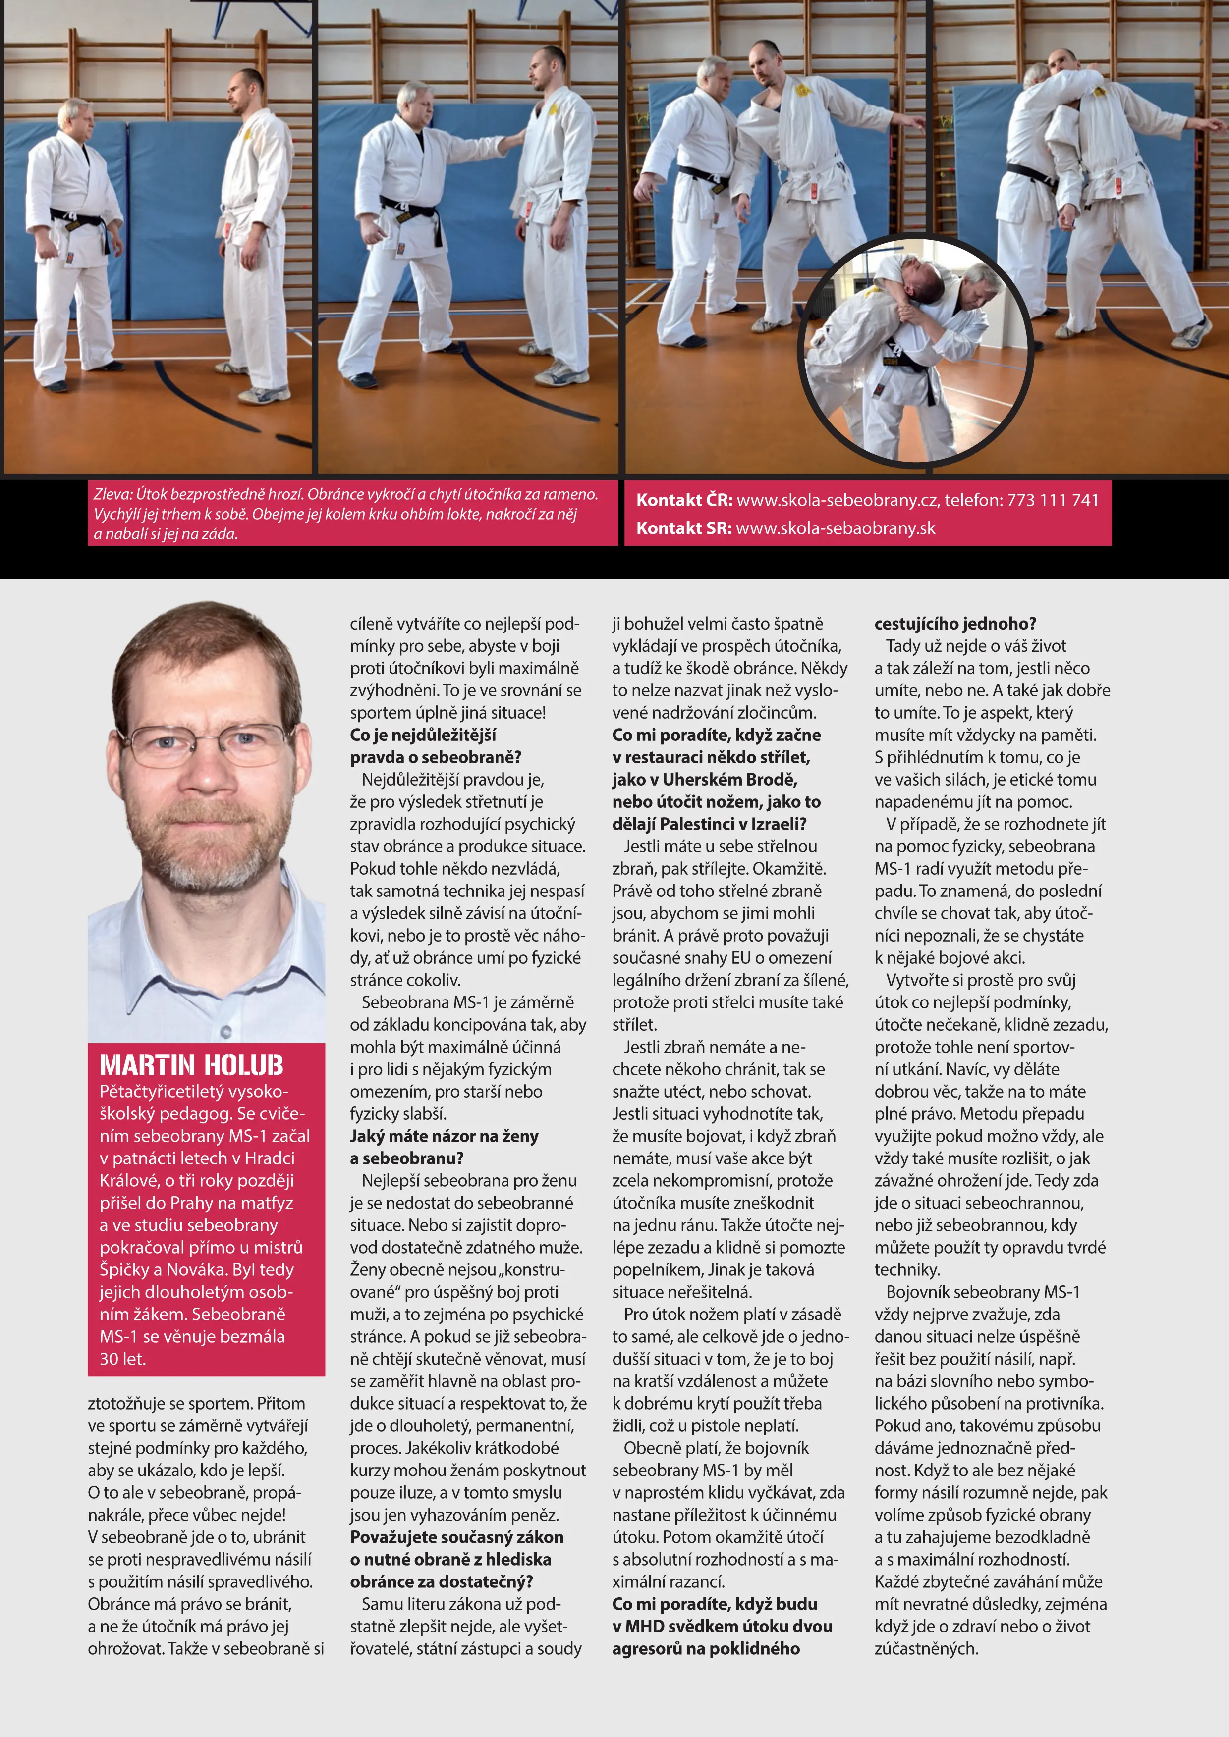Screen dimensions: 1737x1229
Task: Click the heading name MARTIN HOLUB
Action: tap(191, 1065)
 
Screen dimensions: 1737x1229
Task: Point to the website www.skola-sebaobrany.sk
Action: tap(836, 528)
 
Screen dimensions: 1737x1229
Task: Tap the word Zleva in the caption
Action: tap(111, 495)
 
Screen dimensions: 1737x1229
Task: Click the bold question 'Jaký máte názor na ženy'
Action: tap(444, 1136)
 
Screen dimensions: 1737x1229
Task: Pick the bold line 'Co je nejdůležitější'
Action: tap(423, 735)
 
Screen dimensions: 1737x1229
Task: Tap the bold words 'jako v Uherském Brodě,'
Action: tap(705, 779)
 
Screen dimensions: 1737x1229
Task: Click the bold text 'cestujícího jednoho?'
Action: tap(955, 624)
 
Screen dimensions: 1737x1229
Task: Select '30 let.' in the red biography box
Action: tap(122, 1359)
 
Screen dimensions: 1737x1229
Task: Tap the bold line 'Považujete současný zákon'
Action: tap(456, 1537)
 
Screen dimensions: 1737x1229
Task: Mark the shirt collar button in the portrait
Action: tap(225, 1032)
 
